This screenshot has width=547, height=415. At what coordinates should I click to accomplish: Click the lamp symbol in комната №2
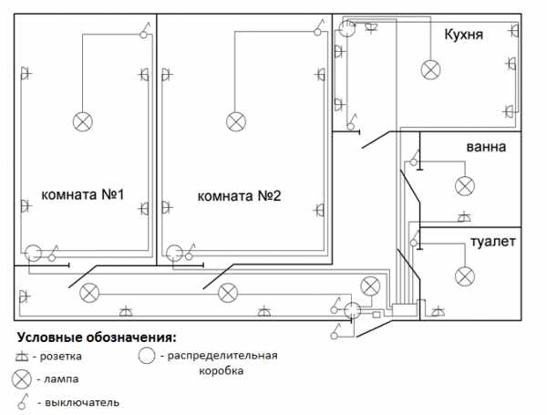pos(236,120)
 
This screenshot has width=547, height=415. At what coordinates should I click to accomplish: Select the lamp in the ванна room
pos(465,186)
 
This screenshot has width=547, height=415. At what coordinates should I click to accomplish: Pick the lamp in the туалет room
pos(465,275)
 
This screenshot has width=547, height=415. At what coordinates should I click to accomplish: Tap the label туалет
pos(493,242)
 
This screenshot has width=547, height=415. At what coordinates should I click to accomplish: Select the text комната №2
pos(239,195)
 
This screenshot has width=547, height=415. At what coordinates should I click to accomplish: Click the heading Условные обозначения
pos(97,337)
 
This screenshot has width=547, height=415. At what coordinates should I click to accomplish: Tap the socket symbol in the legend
pos(22,355)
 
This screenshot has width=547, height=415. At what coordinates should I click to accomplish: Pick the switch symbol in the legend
pos(22,400)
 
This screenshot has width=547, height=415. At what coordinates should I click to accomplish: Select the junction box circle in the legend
pos(146,355)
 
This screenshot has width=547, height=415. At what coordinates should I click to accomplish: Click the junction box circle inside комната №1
pos(34,254)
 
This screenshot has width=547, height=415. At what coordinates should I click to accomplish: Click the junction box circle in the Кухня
pos(346,29)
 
